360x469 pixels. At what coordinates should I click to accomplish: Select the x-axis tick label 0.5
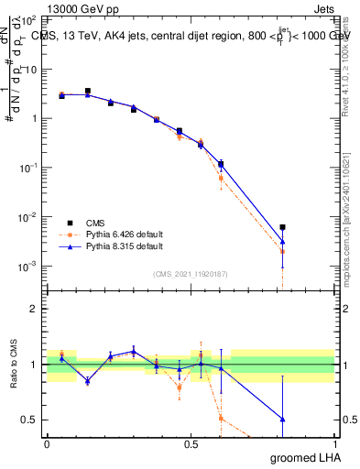tap(191, 444)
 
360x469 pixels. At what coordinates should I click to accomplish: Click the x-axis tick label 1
tap(334, 444)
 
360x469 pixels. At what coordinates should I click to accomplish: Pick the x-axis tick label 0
tap(47, 444)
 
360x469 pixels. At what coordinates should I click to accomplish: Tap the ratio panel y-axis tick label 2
tap(34, 309)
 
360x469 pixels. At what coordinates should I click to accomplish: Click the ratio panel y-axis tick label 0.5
tap(30, 420)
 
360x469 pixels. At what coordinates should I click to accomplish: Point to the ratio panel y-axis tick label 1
tap(34, 365)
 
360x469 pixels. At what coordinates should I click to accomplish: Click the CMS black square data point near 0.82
tap(283, 227)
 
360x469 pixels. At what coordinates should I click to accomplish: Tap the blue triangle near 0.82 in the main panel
tap(283, 242)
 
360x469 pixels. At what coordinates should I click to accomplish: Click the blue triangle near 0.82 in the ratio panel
tap(283, 419)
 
